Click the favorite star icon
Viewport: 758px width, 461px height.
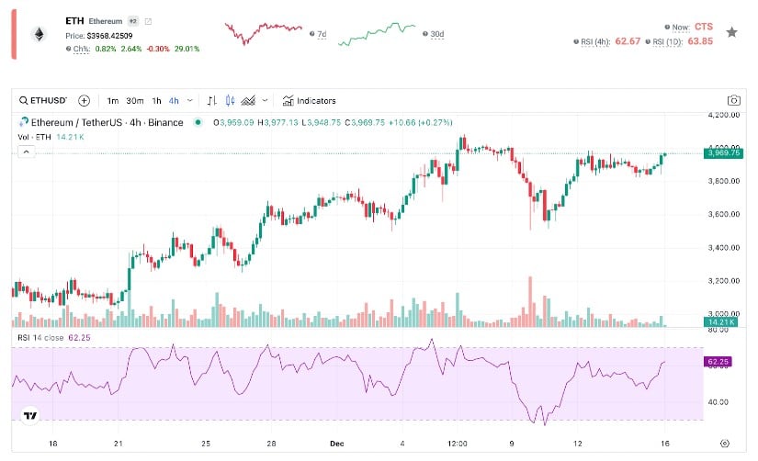(731, 32)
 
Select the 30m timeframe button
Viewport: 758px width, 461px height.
(134, 100)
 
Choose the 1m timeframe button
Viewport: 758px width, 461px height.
(112, 100)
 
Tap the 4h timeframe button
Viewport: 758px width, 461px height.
(174, 100)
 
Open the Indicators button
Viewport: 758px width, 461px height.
(309, 100)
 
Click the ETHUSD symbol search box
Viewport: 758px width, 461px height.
(43, 100)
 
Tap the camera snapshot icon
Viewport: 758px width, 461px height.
(734, 100)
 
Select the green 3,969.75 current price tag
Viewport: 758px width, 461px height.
(723, 153)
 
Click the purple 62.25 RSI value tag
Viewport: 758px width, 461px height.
(718, 362)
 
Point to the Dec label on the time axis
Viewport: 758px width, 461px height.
(336, 442)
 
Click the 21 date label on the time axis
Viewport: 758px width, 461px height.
(119, 442)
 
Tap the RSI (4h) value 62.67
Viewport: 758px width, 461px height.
(628, 41)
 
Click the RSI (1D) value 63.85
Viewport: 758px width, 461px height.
(701, 41)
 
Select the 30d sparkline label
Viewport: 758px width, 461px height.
(437, 35)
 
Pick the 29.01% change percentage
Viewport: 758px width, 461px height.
(187, 48)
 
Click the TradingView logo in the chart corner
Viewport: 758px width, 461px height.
(30, 415)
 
